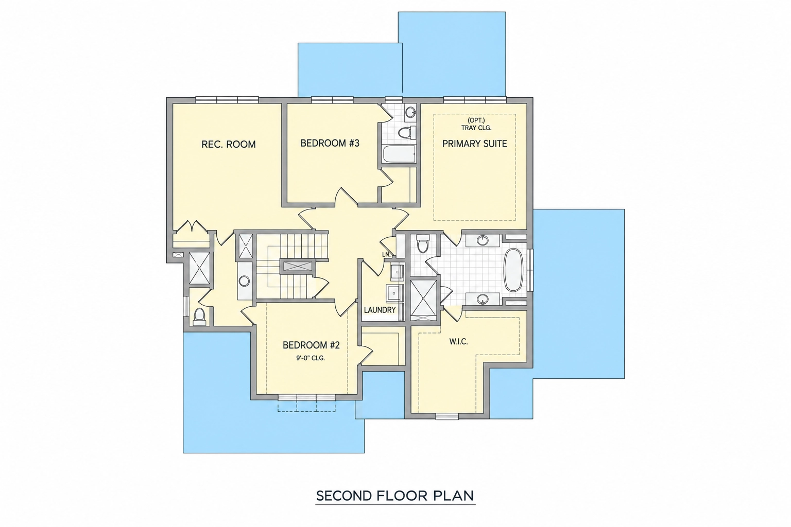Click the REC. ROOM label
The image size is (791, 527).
[x=229, y=145]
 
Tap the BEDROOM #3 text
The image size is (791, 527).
[x=330, y=143]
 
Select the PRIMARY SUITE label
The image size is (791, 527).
[x=475, y=144]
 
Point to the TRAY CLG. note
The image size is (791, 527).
[x=476, y=128]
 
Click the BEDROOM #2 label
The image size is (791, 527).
[x=311, y=345]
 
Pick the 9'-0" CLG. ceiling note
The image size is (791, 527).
[x=311, y=358]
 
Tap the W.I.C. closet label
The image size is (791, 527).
[x=458, y=342]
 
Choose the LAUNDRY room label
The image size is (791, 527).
[x=380, y=310]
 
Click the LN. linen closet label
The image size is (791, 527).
[x=386, y=255]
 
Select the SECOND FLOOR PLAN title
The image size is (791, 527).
[x=395, y=496]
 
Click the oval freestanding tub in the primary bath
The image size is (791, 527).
[x=513, y=270]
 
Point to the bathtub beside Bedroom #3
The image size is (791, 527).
[x=399, y=154]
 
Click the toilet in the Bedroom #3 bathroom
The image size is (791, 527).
[x=406, y=133]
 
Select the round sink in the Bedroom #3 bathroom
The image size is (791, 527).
[x=410, y=113]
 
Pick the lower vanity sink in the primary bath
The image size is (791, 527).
[x=482, y=300]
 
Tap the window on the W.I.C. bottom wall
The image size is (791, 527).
[x=447, y=416]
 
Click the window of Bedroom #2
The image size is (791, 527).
[x=306, y=398]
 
